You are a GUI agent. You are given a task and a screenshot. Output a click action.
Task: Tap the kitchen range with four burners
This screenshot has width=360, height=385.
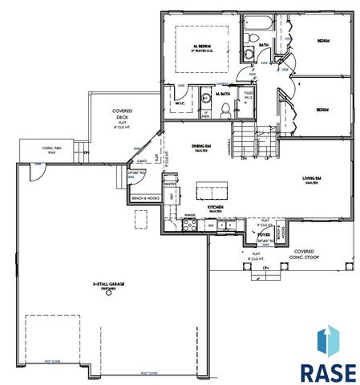[190, 225]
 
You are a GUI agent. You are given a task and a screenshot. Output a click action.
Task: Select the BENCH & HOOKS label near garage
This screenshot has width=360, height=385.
[146, 197]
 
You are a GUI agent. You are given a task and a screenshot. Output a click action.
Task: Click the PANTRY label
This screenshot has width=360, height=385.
[169, 184]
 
